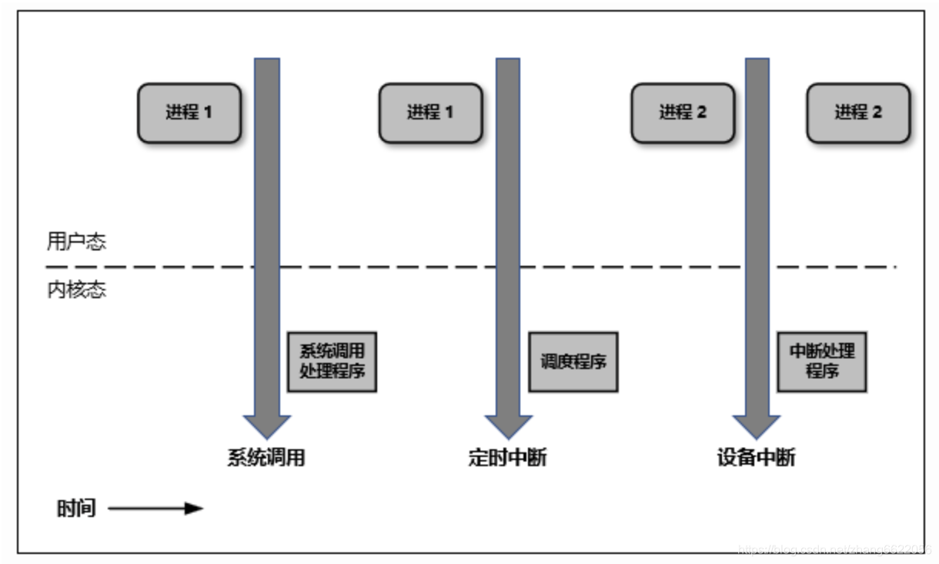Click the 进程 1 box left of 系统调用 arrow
(189, 112)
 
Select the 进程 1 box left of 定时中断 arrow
(430, 112)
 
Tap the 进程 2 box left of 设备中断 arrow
(683, 112)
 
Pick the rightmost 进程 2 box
(858, 112)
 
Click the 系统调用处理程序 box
(332, 361)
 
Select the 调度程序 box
(573, 361)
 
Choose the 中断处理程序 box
(822, 361)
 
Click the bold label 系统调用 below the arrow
(266, 458)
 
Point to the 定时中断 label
(507, 458)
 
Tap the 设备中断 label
(756, 458)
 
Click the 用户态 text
(76, 242)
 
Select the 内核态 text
(76, 291)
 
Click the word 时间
(76, 509)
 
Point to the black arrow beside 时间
(155, 509)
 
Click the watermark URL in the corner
(834, 549)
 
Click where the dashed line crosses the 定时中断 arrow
(507, 267)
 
